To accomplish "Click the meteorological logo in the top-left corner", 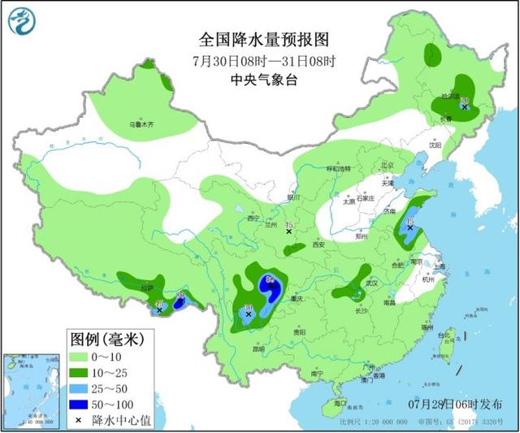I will click(24, 24).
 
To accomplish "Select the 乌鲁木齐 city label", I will click(141, 126).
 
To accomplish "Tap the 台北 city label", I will click(444, 334).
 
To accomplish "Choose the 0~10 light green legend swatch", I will click(82, 356).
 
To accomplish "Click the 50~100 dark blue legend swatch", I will click(82, 402).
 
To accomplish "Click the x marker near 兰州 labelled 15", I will click(288, 232).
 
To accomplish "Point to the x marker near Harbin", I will click(464, 106).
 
